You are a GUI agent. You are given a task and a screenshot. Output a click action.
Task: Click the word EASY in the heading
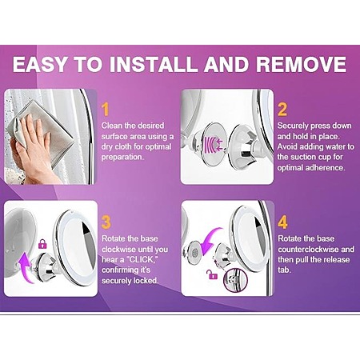[x=40, y=64]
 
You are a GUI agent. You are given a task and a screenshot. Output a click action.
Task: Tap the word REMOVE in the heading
[x=302, y=64]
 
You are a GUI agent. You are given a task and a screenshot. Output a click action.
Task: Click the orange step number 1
[x=106, y=110]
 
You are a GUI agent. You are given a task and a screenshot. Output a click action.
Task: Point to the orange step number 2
[x=282, y=110]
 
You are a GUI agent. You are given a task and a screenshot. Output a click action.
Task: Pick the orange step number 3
[x=106, y=222]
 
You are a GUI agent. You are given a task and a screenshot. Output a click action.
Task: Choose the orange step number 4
[x=282, y=222]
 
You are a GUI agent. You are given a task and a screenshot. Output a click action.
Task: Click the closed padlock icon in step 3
[x=42, y=244]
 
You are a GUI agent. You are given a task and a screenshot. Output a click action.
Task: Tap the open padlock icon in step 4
[x=212, y=274]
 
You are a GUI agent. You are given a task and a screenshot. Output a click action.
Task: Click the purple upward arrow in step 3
[x=26, y=266]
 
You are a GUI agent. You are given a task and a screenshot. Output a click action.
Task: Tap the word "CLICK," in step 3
[x=141, y=260]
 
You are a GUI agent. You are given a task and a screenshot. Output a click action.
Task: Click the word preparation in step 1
[x=122, y=157]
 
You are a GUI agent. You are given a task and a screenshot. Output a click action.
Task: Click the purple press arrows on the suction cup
[x=214, y=144]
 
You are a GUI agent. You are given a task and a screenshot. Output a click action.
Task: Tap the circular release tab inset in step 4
[x=235, y=280]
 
